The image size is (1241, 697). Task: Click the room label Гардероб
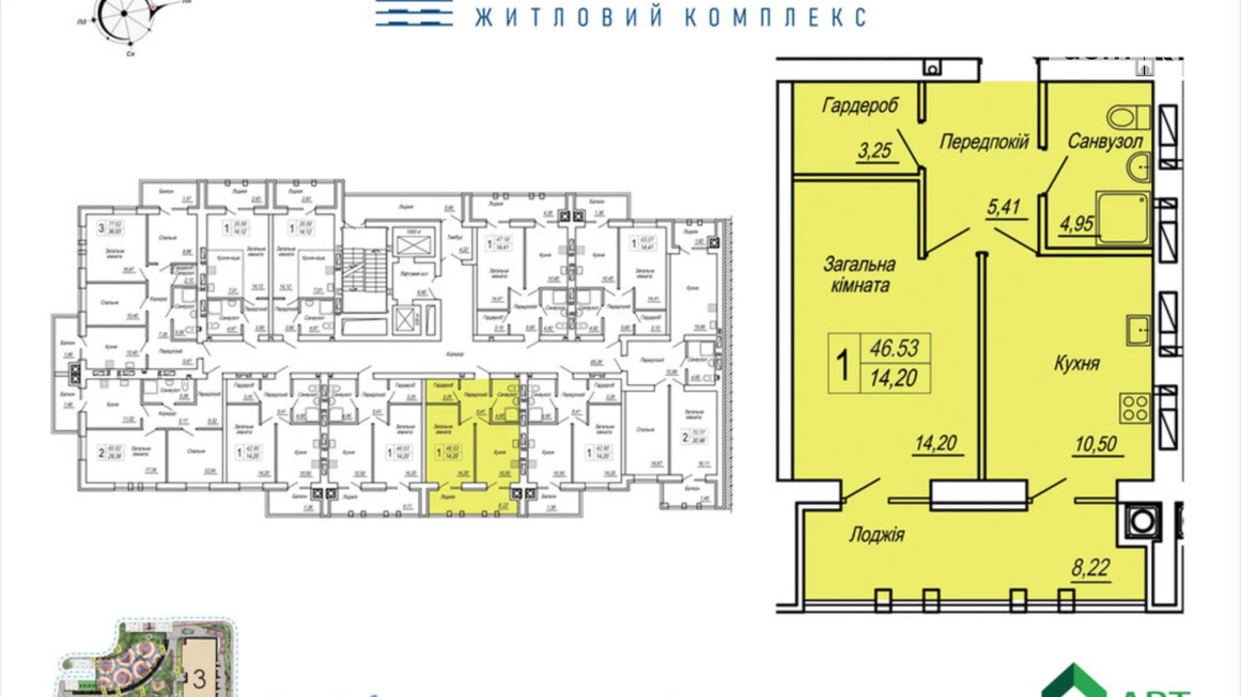(859, 105)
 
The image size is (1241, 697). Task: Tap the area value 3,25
(874, 151)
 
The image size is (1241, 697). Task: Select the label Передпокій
(983, 141)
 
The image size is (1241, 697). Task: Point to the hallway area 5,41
(1004, 207)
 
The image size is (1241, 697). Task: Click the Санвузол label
(1105, 141)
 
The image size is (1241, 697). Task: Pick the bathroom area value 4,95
(1076, 224)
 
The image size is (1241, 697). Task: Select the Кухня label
(1077, 363)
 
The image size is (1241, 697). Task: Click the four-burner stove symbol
(1135, 407)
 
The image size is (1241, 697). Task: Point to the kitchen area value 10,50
(1096, 444)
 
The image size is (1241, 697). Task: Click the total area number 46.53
(894, 348)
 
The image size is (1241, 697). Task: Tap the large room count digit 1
(843, 365)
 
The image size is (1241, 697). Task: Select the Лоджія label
(877, 535)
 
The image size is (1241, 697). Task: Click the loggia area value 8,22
(1091, 568)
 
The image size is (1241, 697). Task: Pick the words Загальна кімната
(859, 275)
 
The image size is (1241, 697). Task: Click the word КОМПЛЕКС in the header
(775, 17)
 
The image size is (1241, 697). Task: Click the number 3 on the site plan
(199, 679)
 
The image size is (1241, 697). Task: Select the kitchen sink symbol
(1138, 330)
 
